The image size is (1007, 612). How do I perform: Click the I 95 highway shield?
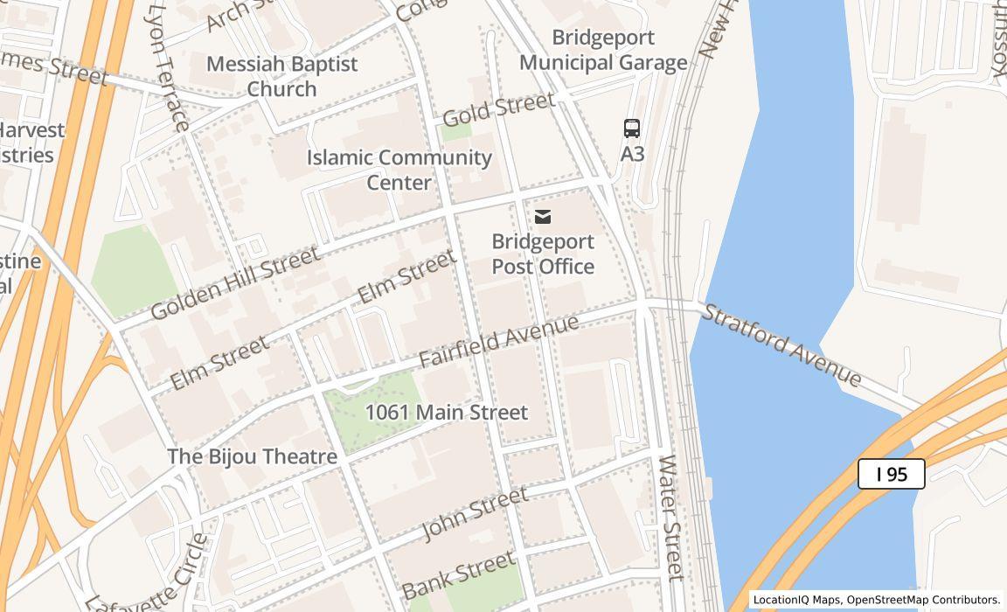click(891, 474)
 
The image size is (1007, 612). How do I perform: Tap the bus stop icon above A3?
click(632, 129)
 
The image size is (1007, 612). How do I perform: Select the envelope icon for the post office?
click(543, 217)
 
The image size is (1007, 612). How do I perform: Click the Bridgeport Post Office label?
click(543, 254)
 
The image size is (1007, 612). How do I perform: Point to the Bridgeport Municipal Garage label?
click(603, 51)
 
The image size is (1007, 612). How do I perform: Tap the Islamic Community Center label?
click(399, 170)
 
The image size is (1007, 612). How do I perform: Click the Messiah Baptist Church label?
click(281, 76)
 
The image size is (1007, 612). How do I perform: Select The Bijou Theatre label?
click(252, 456)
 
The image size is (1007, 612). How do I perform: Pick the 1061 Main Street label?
click(446, 412)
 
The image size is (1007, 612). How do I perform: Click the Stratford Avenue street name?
click(782, 344)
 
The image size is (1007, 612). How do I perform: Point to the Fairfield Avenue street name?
click(498, 341)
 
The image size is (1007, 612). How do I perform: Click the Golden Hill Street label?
click(234, 283)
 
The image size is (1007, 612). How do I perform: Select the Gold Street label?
click(498, 109)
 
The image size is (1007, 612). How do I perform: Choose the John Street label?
click(476, 513)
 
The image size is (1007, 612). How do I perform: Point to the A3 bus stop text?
click(632, 154)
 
